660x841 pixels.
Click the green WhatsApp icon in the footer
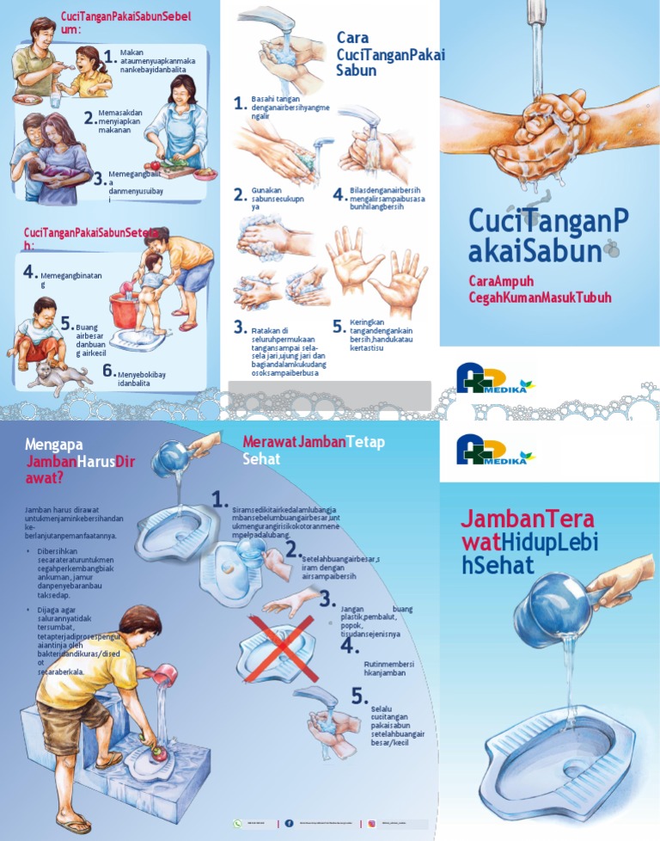(237, 823)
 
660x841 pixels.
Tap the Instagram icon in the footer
(372, 823)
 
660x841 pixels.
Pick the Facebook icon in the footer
(289, 823)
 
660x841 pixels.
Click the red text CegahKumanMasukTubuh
(540, 298)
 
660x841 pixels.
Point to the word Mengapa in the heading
(57, 445)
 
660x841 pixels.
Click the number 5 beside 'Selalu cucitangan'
(359, 697)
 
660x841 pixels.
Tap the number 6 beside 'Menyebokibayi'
(108, 371)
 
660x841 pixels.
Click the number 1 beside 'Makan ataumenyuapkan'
(108, 56)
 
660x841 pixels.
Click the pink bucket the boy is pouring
(162, 677)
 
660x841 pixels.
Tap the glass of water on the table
(55, 100)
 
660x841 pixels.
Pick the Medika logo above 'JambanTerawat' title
(495, 449)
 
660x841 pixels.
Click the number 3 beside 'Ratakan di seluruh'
(241, 327)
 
